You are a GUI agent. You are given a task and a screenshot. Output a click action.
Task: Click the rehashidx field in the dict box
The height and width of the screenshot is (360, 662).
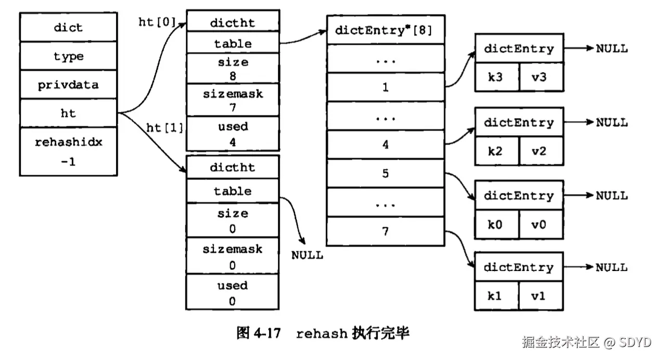[68, 151]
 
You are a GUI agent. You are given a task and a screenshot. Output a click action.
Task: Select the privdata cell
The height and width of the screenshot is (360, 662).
[68, 85]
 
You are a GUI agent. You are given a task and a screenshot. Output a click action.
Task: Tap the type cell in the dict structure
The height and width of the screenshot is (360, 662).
[68, 56]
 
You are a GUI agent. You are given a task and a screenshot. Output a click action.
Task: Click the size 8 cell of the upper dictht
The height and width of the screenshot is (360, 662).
[233, 69]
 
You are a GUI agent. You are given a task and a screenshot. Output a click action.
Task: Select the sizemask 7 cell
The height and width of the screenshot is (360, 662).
[233, 100]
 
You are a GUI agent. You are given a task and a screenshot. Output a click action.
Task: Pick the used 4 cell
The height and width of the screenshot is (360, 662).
[233, 133]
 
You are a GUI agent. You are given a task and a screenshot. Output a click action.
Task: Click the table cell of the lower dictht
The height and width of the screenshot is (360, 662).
[233, 191]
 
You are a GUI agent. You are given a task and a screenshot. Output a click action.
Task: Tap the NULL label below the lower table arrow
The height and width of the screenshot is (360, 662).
[307, 255]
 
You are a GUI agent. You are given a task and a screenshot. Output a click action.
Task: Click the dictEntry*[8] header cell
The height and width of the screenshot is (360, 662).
[385, 30]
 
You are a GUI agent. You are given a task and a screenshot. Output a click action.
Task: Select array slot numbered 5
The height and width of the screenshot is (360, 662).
[385, 173]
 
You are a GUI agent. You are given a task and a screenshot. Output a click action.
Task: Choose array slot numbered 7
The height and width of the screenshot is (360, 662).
[385, 232]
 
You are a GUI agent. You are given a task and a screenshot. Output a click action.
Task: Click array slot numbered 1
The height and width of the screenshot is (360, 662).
[385, 87]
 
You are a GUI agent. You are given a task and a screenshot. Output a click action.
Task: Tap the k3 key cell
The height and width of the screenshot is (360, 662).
[496, 78]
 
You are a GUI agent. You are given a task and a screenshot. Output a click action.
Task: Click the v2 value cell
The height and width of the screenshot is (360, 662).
[541, 151]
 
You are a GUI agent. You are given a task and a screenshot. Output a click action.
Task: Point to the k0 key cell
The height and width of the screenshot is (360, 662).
[496, 225]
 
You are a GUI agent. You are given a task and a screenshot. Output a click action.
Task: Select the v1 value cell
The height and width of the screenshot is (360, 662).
[541, 296]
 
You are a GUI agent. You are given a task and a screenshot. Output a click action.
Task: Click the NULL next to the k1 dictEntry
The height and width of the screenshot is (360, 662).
[612, 267]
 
